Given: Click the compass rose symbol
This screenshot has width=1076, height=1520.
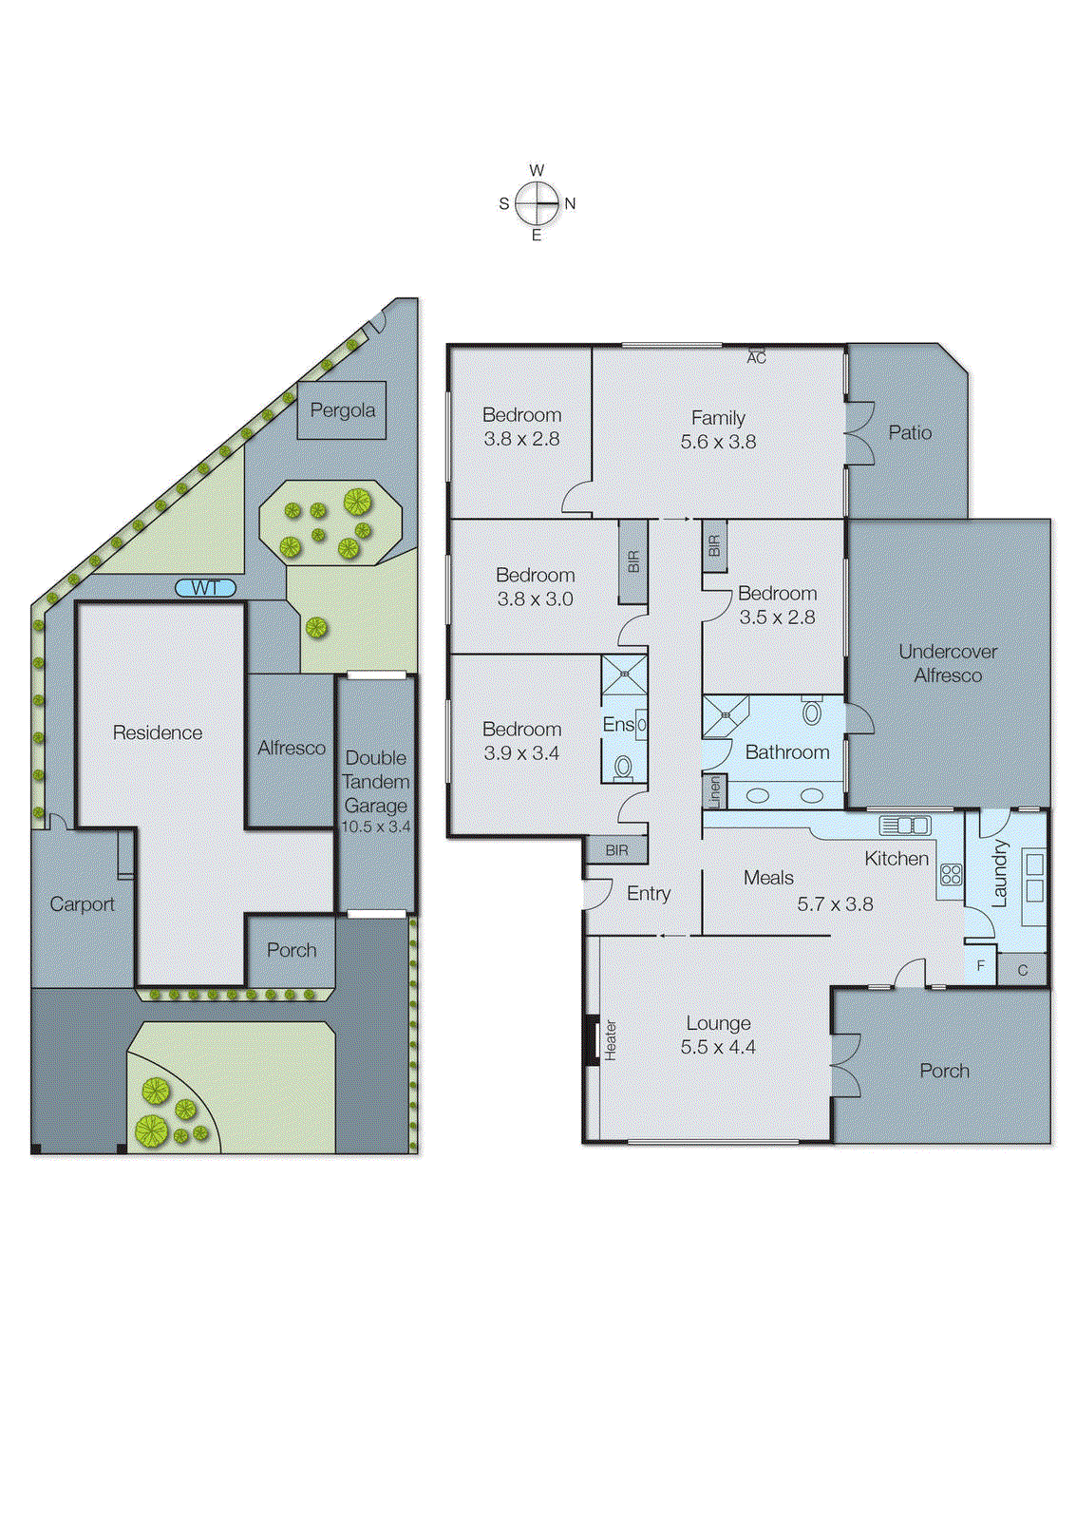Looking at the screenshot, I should tap(538, 202).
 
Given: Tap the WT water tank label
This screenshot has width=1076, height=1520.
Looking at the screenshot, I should tap(205, 588).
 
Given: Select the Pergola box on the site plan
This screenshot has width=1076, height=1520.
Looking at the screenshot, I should tap(342, 410).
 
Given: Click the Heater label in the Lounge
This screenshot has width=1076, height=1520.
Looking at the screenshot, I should tap(611, 1039).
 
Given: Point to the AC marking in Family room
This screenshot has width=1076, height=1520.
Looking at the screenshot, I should tap(756, 357).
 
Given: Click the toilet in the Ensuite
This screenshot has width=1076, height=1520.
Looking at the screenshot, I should tap(623, 766).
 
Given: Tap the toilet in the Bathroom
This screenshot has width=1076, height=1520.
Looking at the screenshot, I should tap(812, 712).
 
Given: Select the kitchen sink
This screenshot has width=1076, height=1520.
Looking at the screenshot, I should tap(904, 825).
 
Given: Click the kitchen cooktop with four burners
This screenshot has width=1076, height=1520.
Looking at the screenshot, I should tap(951, 875).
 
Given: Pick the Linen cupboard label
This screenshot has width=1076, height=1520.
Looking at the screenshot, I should tap(715, 792).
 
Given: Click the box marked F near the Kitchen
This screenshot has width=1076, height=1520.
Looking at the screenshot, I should tap(981, 966).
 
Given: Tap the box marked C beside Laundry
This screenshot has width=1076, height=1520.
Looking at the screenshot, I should tap(1023, 970).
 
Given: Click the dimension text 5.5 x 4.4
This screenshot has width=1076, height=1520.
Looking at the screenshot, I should tap(718, 1047).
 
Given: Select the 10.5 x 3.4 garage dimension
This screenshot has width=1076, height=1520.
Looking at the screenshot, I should tap(376, 826).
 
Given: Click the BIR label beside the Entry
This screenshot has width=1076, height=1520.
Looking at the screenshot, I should tap(616, 850).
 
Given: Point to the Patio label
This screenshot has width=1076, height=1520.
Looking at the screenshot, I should tap(910, 432).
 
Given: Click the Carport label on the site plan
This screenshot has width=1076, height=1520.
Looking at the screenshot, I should tap(82, 904).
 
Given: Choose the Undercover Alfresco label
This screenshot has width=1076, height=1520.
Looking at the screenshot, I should tap(948, 663).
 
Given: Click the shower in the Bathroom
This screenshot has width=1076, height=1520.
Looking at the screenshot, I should tap(725, 716).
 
